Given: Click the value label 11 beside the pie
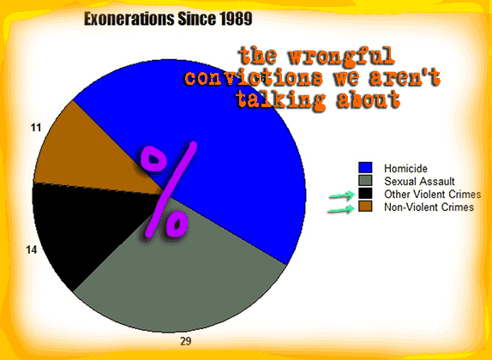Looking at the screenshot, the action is [x=36, y=128].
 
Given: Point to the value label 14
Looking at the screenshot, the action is [x=32, y=249].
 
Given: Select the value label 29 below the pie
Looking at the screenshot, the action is [x=186, y=341].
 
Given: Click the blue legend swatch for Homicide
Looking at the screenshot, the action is [x=365, y=167].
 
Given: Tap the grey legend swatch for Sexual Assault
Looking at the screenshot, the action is [x=365, y=181].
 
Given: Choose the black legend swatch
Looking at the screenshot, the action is [x=365, y=194].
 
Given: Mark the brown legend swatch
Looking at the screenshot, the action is [x=365, y=207].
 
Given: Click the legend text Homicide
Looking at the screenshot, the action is [x=405, y=169].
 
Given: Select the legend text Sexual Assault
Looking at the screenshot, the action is [x=419, y=182].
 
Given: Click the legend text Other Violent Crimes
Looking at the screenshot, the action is [x=433, y=195].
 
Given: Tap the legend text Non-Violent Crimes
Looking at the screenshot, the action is [x=429, y=207].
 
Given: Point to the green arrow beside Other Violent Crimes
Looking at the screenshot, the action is [x=342, y=195].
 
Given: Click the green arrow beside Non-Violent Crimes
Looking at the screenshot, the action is [x=341, y=209].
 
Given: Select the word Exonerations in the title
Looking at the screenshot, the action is [x=129, y=19].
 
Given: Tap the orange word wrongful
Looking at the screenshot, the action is [x=341, y=57].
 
